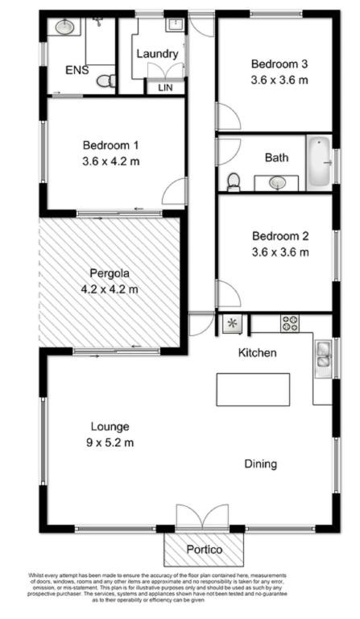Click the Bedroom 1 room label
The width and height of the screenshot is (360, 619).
point(111,146)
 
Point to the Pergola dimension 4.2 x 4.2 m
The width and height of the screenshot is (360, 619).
point(110,289)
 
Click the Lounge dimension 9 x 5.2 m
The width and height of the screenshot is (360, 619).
point(110,442)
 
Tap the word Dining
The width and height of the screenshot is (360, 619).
point(261,463)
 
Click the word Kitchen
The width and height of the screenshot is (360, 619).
point(258,353)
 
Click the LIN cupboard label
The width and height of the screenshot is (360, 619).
point(165,87)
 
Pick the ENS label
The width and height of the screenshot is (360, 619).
point(77,70)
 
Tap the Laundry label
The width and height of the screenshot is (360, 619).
point(156,53)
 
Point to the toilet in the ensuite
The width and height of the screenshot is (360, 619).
point(105,81)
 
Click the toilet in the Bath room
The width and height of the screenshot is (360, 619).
point(233,182)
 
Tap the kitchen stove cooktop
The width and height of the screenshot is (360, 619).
point(290,324)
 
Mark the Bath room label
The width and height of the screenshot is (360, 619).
point(276,158)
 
